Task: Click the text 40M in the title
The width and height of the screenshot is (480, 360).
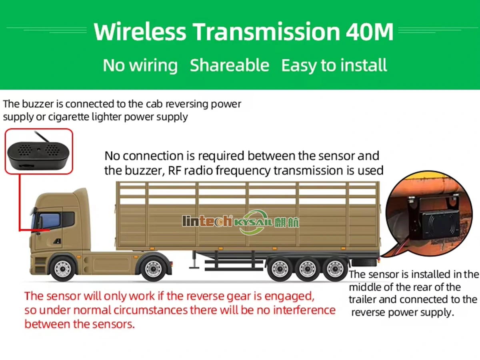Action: (x=370, y=32)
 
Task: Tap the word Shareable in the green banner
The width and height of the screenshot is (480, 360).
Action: (x=229, y=65)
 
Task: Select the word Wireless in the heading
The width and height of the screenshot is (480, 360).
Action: (x=140, y=32)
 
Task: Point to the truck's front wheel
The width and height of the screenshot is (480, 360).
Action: (x=63, y=269)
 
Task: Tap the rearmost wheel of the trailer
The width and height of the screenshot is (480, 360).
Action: (x=335, y=269)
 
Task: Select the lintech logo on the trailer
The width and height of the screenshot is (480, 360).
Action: (x=207, y=221)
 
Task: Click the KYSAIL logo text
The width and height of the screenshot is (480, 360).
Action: (x=253, y=222)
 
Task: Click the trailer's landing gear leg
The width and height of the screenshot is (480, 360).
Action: (x=194, y=260)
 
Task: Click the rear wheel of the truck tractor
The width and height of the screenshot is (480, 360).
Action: (x=153, y=269)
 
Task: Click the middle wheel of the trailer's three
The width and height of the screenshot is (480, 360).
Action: (x=307, y=269)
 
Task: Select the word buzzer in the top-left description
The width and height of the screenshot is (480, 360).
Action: (x=38, y=104)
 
